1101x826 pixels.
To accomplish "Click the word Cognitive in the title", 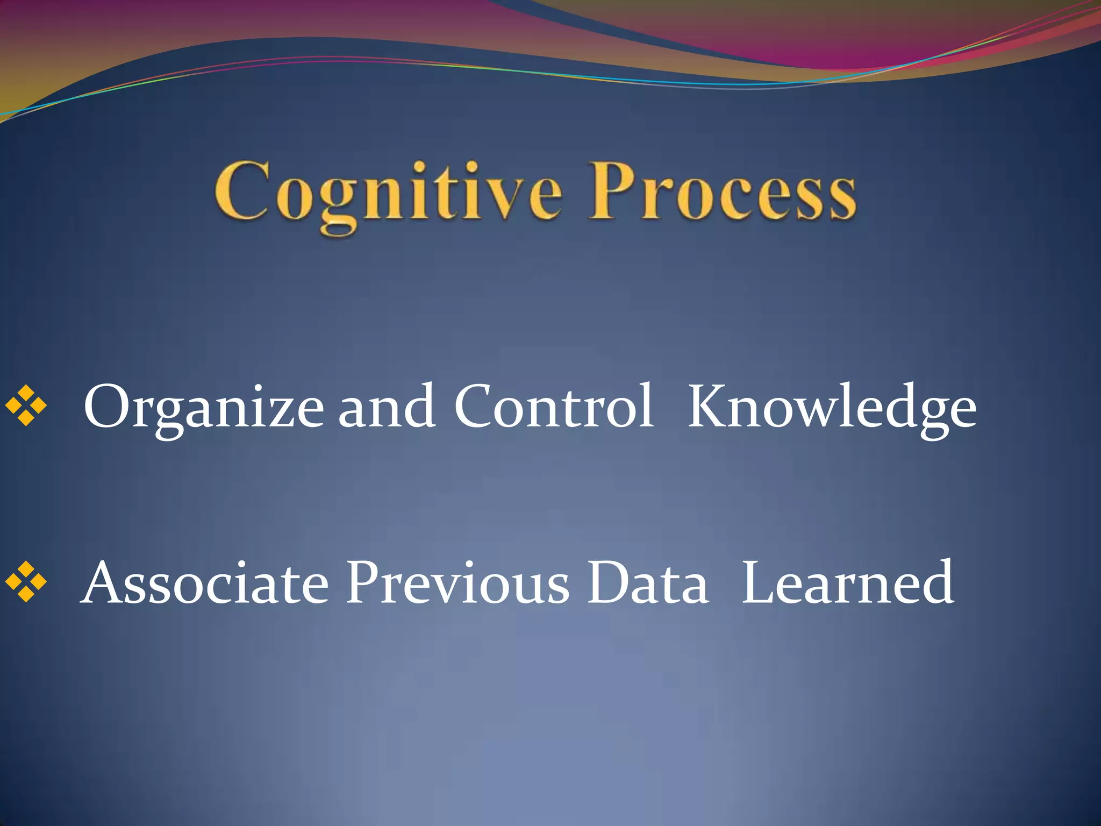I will point(388,194).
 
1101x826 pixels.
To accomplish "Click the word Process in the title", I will point(722,194).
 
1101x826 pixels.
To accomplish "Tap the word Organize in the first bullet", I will point(203,409).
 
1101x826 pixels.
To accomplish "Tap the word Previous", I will point(457,584).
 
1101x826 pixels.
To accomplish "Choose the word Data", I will point(647,584).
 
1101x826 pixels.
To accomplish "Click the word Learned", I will point(847,584).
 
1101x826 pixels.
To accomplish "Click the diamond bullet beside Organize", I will point(26,406).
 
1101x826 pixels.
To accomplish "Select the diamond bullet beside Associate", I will point(26,581).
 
